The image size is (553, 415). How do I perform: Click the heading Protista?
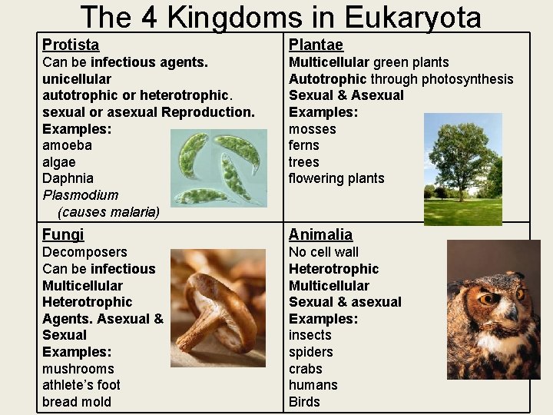click(71, 45)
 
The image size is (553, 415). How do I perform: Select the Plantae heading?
click(316, 45)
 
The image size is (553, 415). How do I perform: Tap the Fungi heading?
click(63, 234)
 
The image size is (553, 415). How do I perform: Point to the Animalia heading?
click(320, 234)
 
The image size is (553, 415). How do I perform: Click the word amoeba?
click(67, 145)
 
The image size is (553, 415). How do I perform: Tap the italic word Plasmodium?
click(80, 195)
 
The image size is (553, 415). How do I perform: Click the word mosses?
click(312, 128)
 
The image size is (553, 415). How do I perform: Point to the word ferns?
click(303, 145)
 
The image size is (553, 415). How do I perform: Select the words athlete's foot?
click(81, 385)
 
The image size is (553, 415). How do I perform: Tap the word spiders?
click(310, 352)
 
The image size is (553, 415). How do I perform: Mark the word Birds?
click(304, 402)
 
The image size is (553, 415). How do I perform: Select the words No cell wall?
click(323, 252)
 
